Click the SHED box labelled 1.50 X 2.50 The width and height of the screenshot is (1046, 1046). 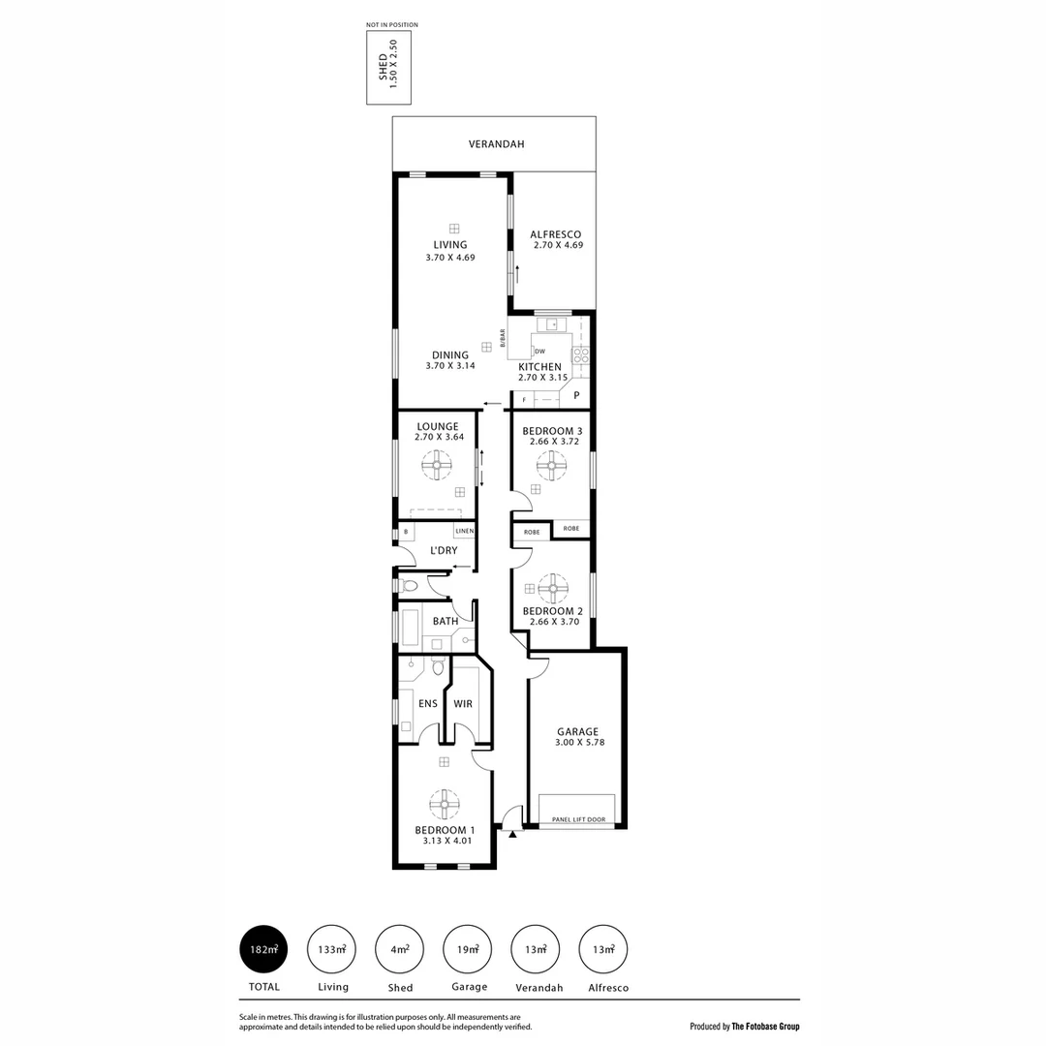click(x=387, y=68)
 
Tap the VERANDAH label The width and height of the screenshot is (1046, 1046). click(x=496, y=144)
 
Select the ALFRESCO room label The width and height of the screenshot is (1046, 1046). click(x=556, y=234)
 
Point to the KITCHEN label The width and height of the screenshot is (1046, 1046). click(x=539, y=367)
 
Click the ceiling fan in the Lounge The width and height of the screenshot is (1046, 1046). click(x=436, y=466)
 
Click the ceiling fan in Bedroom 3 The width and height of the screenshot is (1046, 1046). click(x=551, y=466)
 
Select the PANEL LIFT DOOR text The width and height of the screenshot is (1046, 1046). click(x=578, y=819)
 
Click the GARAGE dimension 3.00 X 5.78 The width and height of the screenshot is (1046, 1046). click(x=577, y=743)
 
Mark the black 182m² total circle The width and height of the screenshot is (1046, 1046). click(x=263, y=949)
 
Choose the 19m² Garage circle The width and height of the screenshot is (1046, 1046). click(x=468, y=949)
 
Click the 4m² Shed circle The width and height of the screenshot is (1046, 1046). click(x=400, y=949)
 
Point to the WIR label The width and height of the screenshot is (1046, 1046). click(x=463, y=704)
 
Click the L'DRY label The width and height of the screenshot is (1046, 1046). click(x=444, y=551)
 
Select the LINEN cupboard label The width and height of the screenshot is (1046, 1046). click(x=464, y=532)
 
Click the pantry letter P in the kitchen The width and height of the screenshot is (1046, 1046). click(x=576, y=395)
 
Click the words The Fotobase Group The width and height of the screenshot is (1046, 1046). click(x=765, y=1027)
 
